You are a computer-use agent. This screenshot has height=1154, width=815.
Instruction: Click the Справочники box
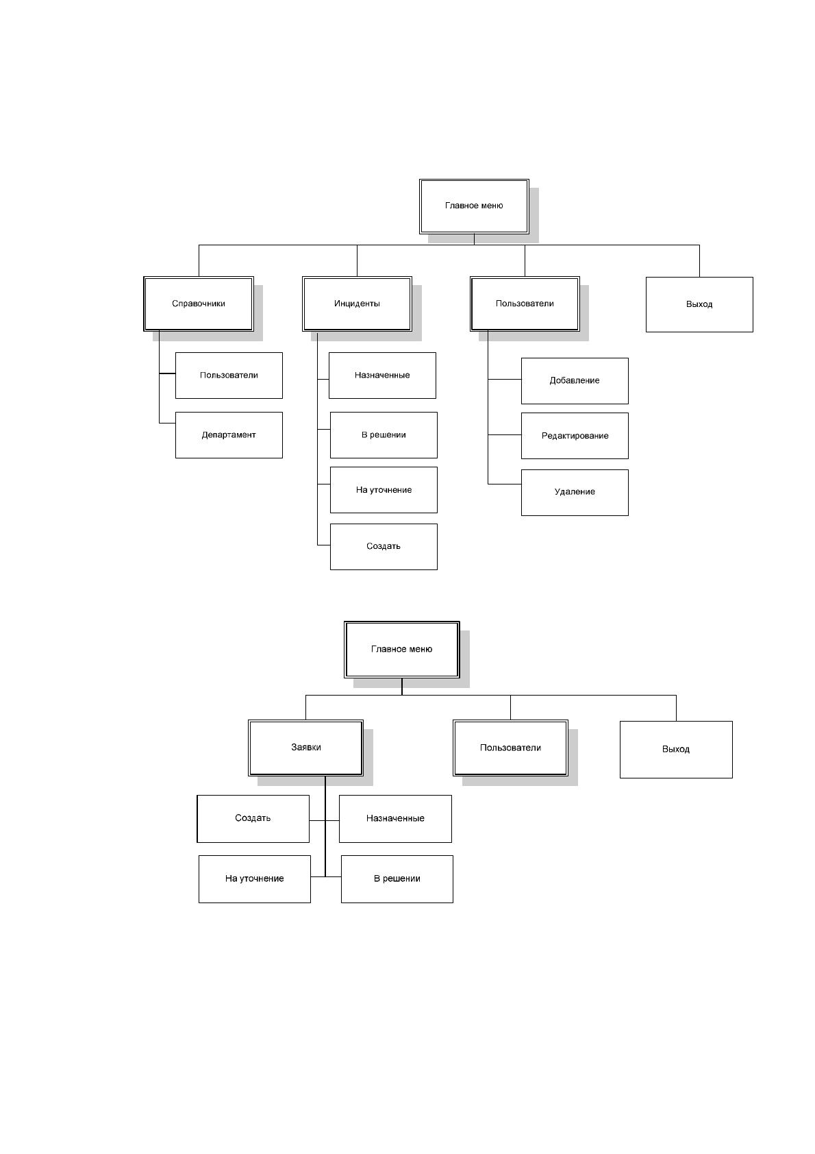(198, 304)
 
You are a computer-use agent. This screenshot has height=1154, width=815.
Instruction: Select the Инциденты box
(357, 304)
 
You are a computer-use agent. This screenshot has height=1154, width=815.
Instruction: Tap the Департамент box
(229, 435)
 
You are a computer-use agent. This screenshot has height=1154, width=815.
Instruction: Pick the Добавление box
(575, 381)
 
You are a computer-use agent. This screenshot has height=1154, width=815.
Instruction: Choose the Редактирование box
(575, 435)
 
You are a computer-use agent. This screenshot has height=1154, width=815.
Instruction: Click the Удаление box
(575, 492)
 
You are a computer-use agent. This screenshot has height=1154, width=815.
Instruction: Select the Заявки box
(306, 748)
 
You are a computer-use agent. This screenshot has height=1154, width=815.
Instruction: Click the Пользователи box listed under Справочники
(229, 375)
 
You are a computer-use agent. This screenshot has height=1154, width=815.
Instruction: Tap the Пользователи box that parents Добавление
(525, 304)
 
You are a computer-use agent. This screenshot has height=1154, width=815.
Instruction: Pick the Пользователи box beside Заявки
(510, 748)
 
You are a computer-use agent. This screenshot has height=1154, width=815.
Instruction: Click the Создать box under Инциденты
(384, 547)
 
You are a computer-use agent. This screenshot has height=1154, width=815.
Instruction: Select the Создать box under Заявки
(253, 819)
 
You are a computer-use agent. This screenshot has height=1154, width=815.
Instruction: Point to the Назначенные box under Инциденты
(382, 375)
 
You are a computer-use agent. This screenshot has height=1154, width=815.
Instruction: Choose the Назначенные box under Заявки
(395, 819)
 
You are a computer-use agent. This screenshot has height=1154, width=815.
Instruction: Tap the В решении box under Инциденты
(384, 435)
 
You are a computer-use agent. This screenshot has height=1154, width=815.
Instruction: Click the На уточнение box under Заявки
(254, 879)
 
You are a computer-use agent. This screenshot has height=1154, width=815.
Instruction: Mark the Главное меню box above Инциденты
(474, 206)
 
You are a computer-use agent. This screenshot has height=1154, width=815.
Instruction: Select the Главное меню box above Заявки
(401, 650)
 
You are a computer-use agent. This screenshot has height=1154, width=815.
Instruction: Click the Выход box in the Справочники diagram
(699, 304)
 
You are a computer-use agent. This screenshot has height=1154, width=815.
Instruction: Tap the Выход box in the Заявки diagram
(676, 750)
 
